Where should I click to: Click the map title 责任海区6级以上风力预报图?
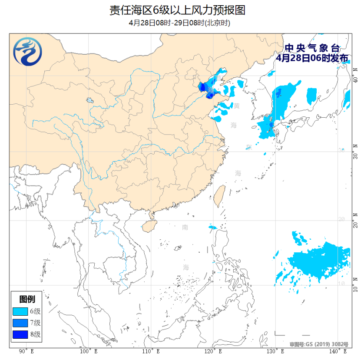click(x=180, y=10)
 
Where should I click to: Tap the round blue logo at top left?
click(x=27, y=52)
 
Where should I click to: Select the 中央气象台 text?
click(x=312, y=48)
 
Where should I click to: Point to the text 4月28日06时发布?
click(x=312, y=58)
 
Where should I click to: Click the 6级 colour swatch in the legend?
click(x=20, y=311)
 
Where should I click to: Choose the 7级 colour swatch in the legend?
click(x=20, y=323)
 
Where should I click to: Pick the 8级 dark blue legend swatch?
click(x=20, y=334)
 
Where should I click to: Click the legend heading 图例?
click(x=27, y=299)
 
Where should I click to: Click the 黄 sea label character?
click(x=236, y=106)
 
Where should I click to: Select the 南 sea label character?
click(x=185, y=228)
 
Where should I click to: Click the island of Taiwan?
click(x=220, y=193)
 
